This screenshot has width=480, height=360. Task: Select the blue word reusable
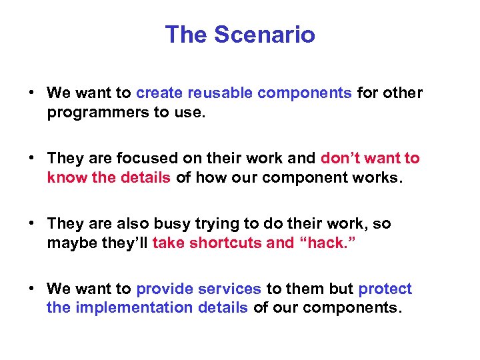coord(221,93)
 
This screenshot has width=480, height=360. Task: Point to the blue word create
coord(161,93)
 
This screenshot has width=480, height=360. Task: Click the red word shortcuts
coord(225,243)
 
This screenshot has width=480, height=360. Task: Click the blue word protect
coord(385,289)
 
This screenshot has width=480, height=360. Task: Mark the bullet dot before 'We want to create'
coord(32,93)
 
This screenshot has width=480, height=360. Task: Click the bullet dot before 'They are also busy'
coord(32,223)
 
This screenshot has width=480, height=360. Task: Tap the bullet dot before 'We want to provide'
coord(32,289)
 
